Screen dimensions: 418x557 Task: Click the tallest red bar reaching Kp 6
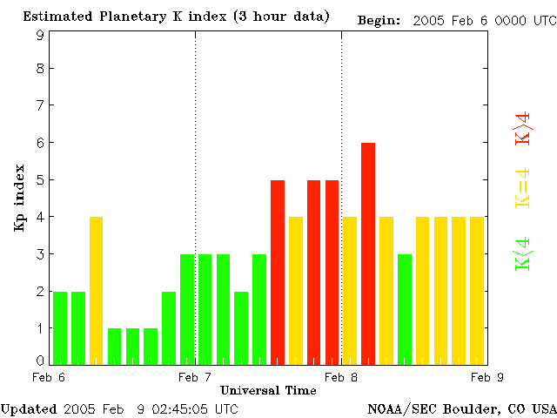[368, 253]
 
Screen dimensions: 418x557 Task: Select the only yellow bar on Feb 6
[97, 290]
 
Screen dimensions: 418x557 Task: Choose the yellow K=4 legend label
[523, 187]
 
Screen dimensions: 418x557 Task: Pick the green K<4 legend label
[523, 253]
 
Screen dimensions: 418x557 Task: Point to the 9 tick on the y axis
[40, 35]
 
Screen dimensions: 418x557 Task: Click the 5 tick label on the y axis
[40, 180]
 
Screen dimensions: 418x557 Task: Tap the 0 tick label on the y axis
[40, 360]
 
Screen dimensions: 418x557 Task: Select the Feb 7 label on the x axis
[195, 377]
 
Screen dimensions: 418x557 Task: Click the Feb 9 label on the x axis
[487, 377]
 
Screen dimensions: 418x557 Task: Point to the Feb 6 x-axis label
[49, 377]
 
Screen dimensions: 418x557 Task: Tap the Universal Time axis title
[268, 390]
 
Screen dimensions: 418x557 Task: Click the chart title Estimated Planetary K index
[176, 17]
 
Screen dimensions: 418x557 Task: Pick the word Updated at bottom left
[29, 408]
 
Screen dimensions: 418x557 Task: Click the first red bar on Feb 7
[278, 272]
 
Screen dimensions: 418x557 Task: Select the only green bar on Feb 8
[405, 308]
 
